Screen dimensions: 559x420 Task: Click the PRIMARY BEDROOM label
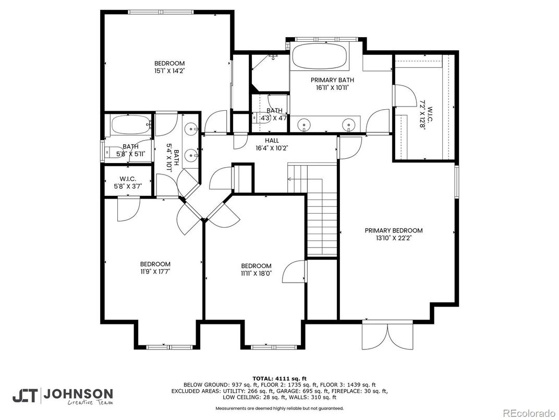394,230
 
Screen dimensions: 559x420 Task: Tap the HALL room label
272,141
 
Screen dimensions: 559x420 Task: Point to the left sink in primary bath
305,124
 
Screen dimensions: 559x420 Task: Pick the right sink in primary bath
349,124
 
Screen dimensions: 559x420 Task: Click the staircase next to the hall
313,209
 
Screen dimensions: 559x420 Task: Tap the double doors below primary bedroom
387,336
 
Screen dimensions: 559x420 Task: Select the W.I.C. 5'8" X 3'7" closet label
128,182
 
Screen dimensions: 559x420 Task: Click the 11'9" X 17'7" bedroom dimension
155,271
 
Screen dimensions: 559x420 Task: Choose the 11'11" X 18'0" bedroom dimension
256,273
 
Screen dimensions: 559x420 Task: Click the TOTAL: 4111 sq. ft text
279,378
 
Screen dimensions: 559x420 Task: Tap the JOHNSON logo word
78,394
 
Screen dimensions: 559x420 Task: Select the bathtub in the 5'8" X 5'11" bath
130,125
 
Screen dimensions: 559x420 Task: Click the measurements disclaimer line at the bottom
279,408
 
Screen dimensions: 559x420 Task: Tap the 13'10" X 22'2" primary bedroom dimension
394,238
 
